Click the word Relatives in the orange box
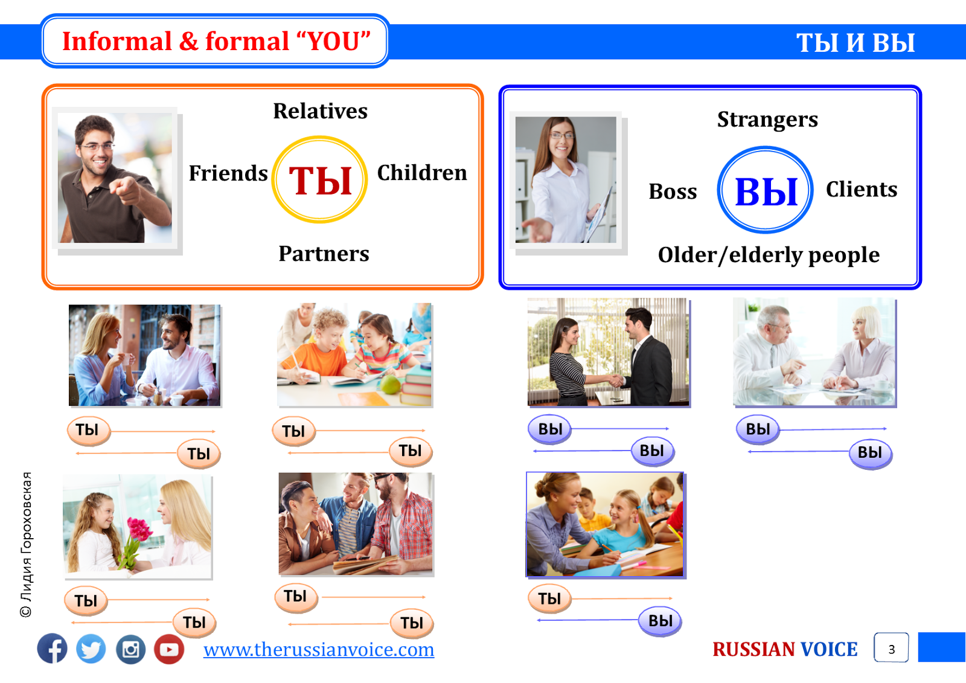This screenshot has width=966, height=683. [x=321, y=111]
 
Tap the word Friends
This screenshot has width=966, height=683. [x=228, y=173]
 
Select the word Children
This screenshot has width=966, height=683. [x=422, y=173]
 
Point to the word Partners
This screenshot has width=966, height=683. [x=324, y=253]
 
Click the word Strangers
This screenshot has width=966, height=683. [x=767, y=120]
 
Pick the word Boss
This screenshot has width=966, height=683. [x=673, y=191]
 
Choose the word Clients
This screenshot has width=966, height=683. [x=862, y=189]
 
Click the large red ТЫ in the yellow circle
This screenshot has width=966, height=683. [x=320, y=181]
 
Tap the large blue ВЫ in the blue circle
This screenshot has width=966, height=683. [x=766, y=191]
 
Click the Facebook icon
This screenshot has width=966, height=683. [x=52, y=649]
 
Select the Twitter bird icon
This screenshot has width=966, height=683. [x=91, y=649]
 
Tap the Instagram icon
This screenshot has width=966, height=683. [x=130, y=649]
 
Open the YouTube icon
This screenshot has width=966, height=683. [x=169, y=649]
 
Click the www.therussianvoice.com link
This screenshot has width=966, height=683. [x=319, y=650]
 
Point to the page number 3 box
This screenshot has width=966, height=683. [x=891, y=647]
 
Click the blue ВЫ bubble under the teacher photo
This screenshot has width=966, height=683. [x=660, y=620]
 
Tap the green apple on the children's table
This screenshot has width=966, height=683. [x=390, y=385]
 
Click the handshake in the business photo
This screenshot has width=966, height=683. [x=616, y=380]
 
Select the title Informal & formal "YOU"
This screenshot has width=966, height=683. [x=216, y=42]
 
